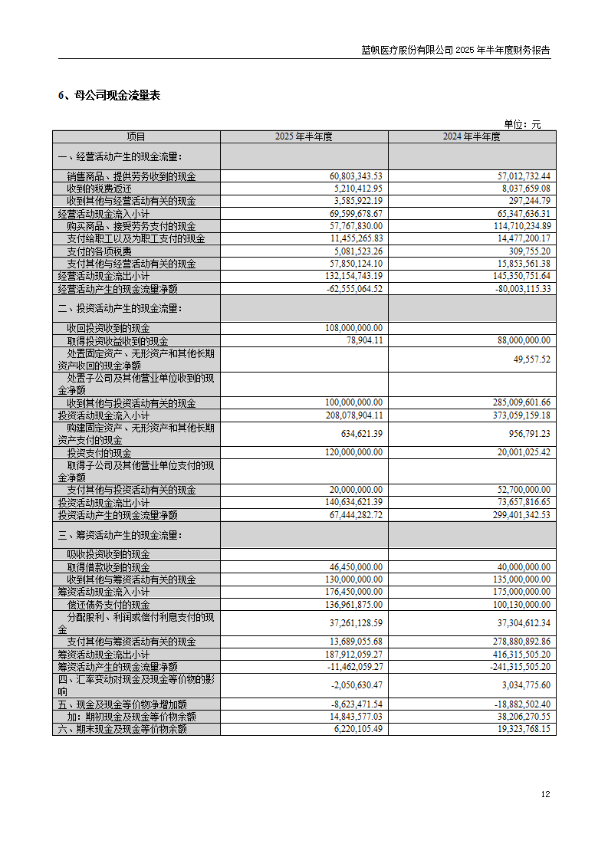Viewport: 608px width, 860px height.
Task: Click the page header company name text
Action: pyautogui.click(x=455, y=51)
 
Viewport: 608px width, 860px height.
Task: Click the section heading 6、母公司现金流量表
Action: pyautogui.click(x=109, y=96)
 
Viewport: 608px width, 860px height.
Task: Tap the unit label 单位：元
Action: pyautogui.click(x=521, y=124)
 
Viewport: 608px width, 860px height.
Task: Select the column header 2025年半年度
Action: pyautogui.click(x=304, y=137)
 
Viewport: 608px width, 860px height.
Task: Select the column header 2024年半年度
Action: pyautogui.click(x=472, y=137)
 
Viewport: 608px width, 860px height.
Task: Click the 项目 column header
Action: pyautogui.click(x=136, y=137)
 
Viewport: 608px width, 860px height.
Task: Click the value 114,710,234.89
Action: pyautogui.click(x=517, y=226)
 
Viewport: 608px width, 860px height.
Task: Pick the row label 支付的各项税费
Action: pyautogui.click(x=99, y=251)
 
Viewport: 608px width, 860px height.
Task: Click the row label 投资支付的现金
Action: pyautogui.click(x=99, y=453)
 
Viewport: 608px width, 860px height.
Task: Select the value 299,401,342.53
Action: pyautogui.click(x=513, y=515)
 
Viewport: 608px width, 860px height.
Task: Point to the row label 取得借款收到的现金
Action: pyautogui.click(x=108, y=567)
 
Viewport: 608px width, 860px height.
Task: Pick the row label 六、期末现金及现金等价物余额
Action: pyautogui.click(x=122, y=730)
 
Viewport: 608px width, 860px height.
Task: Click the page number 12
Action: pyautogui.click(x=545, y=795)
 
